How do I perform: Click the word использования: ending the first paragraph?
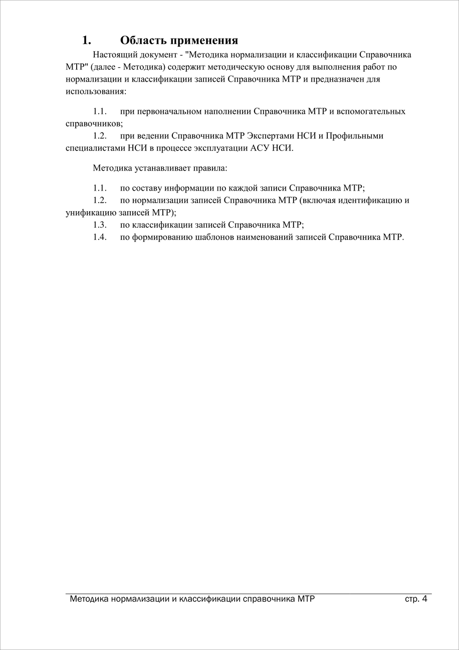(96, 92)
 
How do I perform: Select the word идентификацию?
(363, 200)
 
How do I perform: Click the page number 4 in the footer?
(424, 599)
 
